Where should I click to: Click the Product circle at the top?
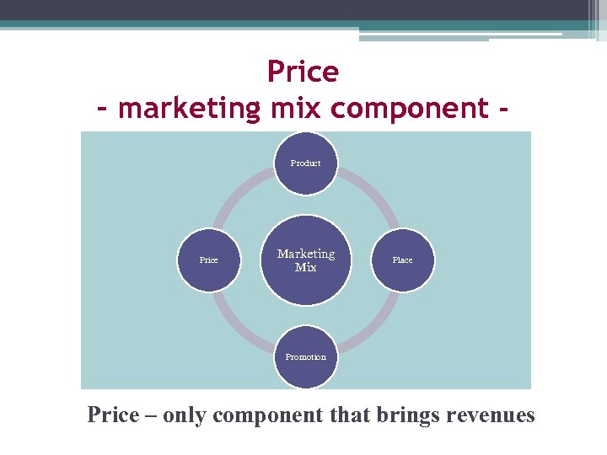coord(305,163)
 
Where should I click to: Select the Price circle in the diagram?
coord(208,260)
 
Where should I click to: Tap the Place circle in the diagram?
coord(402,260)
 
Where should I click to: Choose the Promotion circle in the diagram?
coord(305,357)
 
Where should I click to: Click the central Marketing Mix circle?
coord(305,260)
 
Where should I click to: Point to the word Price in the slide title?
coord(303,72)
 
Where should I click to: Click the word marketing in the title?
coord(191,109)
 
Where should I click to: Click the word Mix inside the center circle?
coord(305,268)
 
